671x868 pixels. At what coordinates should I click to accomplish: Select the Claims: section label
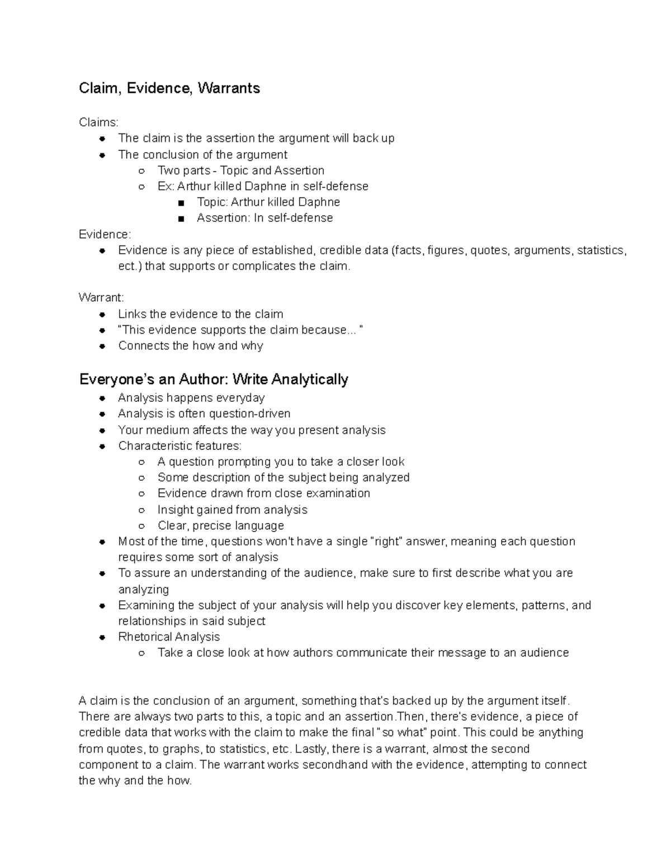(98, 122)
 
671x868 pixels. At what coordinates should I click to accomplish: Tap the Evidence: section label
(105, 234)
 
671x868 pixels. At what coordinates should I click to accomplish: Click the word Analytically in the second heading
(310, 380)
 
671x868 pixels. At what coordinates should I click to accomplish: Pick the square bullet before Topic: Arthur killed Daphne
(181, 203)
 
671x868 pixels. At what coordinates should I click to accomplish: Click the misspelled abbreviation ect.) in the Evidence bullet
(130, 266)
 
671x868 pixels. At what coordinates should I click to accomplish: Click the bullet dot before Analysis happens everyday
(102, 399)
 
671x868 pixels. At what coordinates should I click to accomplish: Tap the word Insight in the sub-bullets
(175, 510)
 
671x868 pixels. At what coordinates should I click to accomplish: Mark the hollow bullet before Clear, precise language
(142, 526)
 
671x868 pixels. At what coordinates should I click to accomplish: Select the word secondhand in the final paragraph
(335, 765)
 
